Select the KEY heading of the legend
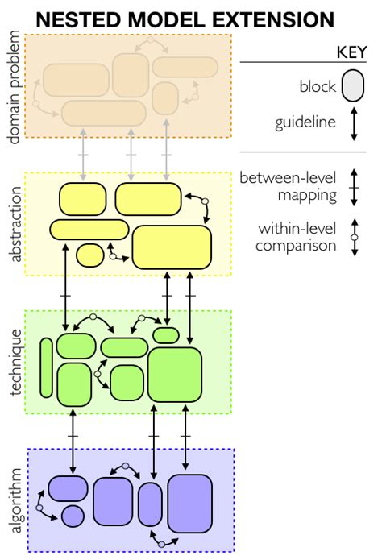351,52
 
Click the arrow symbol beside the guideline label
353,127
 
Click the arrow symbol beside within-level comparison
353,237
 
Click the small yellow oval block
89,255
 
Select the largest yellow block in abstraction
171,247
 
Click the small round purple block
73,516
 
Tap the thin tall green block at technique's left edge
46,367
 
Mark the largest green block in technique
174,374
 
